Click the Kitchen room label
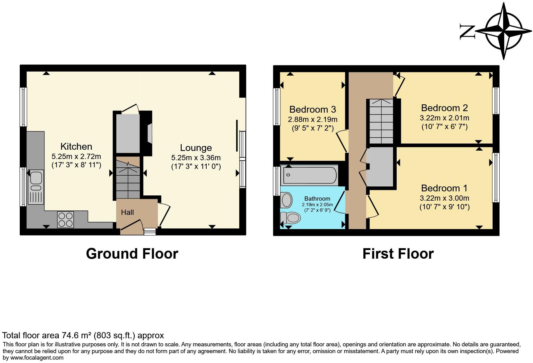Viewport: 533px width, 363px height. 76,146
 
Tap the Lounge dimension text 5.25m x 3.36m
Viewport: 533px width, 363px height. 196,158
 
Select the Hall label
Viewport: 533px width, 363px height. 127,212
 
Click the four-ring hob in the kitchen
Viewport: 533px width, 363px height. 66,219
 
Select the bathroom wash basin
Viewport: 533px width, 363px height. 287,200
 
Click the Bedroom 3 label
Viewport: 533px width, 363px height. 312,110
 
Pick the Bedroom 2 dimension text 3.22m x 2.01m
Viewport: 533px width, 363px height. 444,118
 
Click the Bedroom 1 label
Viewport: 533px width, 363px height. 444,188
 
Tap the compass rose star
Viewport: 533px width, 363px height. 504,31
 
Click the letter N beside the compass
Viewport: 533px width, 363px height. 467,31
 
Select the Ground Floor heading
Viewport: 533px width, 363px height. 132,254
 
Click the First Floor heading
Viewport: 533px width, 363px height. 398,254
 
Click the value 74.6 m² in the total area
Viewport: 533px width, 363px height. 76,336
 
